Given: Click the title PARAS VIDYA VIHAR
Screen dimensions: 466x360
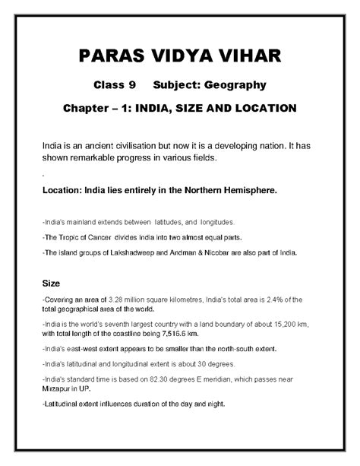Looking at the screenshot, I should (x=180, y=55).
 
